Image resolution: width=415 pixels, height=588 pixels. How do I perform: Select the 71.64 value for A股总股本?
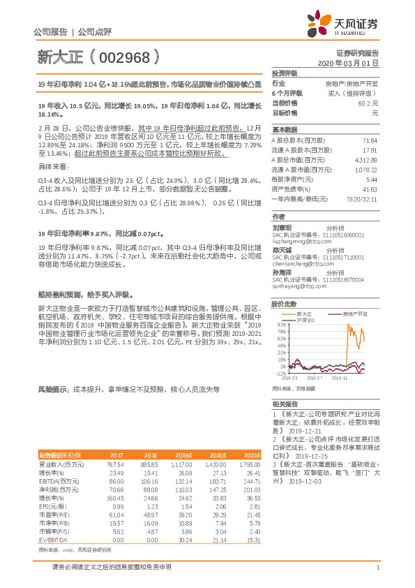(x=370, y=140)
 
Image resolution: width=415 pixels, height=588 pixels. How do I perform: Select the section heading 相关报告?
(x=285, y=404)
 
